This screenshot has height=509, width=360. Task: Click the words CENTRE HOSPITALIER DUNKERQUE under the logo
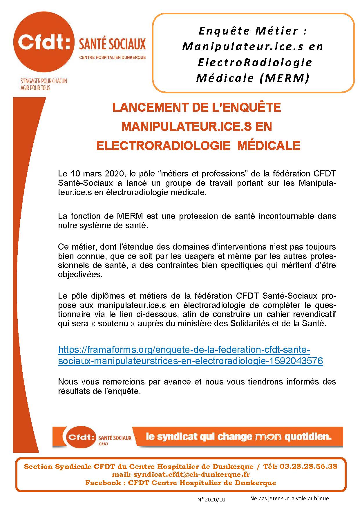click(113, 57)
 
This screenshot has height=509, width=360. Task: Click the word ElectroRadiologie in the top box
click(255, 62)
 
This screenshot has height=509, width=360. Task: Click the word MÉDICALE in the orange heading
click(269, 146)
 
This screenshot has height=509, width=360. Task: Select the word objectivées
click(80, 275)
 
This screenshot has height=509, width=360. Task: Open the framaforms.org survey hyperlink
click(184, 350)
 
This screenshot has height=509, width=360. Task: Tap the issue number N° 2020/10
click(211, 499)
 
